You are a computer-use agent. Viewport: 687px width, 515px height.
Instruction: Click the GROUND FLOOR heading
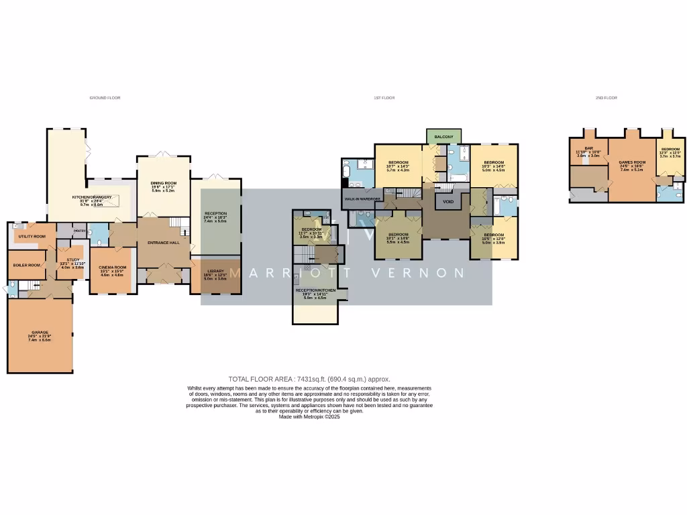coord(105,98)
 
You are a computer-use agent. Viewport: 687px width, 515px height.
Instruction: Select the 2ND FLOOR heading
coord(606,98)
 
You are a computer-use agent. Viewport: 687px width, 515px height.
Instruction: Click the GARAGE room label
coord(39,333)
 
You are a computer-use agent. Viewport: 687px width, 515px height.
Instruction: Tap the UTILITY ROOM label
coord(32,236)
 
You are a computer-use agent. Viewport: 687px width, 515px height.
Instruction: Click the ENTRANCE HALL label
coord(164,242)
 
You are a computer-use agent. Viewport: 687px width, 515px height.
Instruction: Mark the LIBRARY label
coord(215,271)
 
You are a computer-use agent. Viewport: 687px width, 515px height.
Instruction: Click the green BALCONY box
coord(443,137)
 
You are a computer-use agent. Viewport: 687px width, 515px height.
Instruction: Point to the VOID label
coord(447,201)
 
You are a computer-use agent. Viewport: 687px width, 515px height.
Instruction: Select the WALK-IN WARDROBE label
coord(362,199)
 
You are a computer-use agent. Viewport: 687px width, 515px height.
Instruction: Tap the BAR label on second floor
coord(588,148)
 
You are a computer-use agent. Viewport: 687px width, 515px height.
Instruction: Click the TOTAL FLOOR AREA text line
coord(309,379)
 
